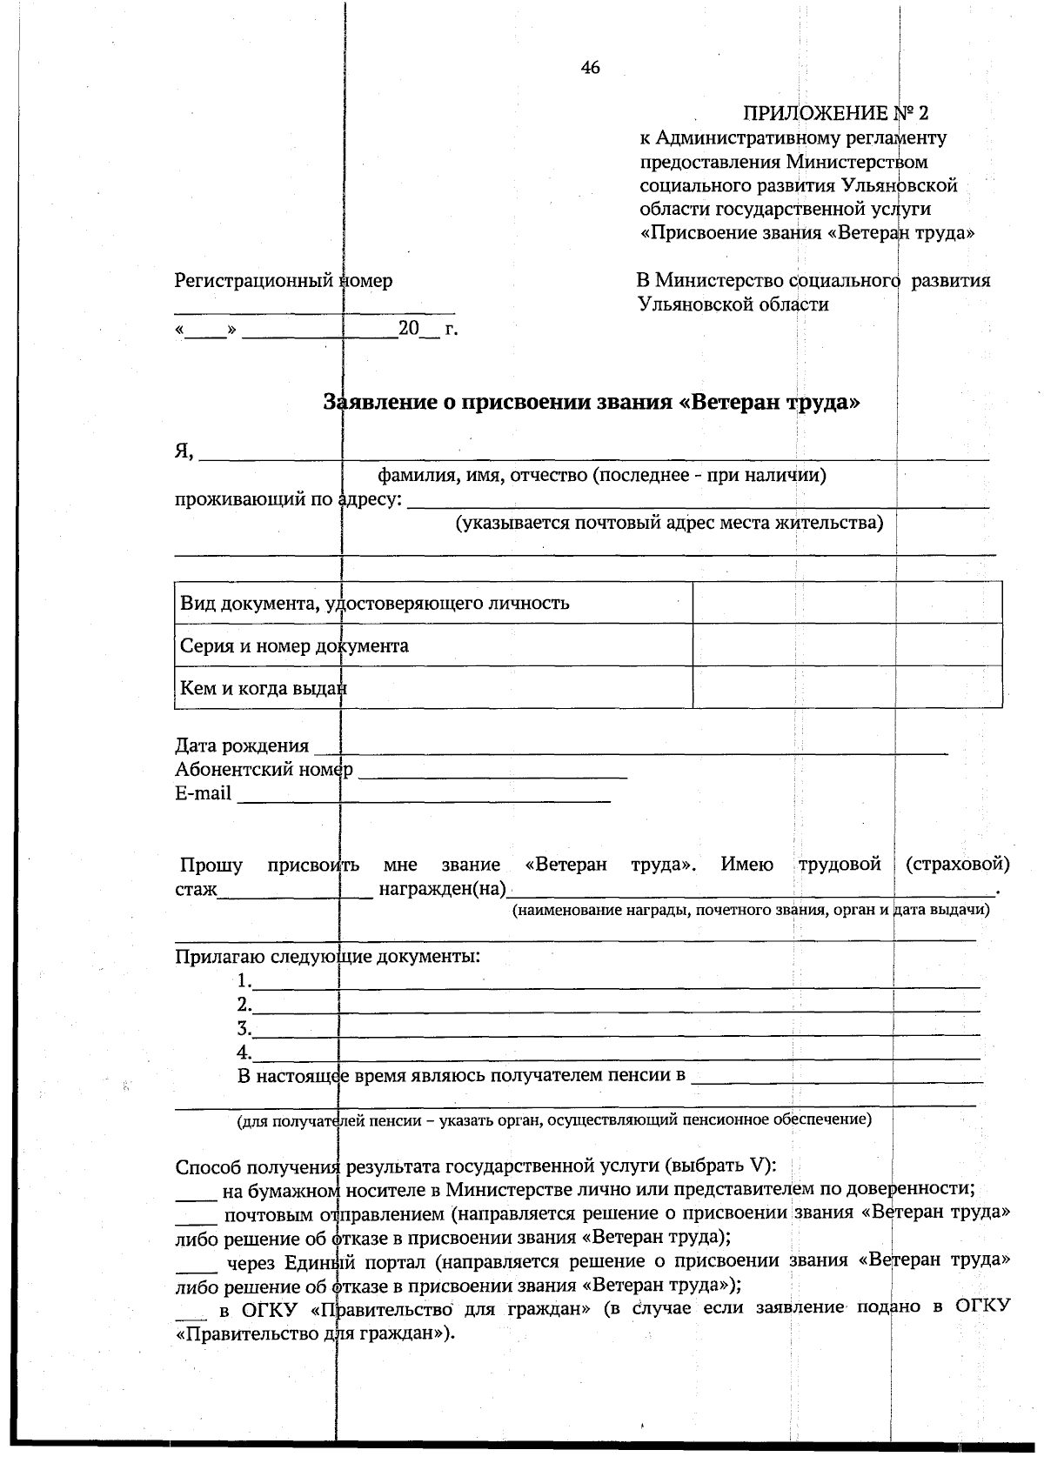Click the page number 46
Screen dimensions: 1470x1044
click(x=590, y=68)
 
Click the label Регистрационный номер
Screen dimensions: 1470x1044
click(x=284, y=280)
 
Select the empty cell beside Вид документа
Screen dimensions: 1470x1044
click(x=847, y=603)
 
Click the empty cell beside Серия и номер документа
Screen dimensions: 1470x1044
click(x=847, y=645)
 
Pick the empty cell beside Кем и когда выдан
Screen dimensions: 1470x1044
click(x=847, y=688)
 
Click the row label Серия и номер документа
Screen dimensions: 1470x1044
click(x=294, y=645)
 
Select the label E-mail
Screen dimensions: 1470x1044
click(x=204, y=793)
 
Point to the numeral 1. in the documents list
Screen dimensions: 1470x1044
click(x=244, y=981)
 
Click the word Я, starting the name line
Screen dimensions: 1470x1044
click(x=184, y=451)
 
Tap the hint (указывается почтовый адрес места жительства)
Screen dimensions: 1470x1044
click(x=669, y=523)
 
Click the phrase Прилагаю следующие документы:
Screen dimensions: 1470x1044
click(x=328, y=957)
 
